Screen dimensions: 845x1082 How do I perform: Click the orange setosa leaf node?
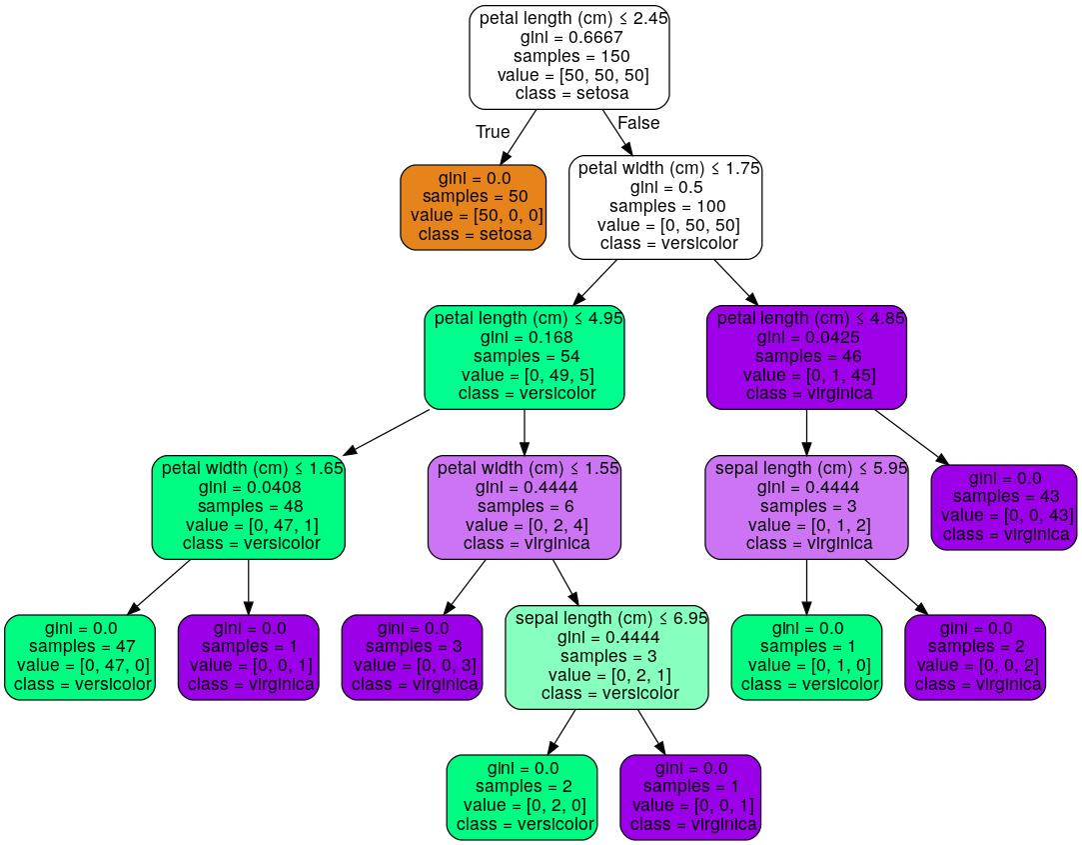click(474, 207)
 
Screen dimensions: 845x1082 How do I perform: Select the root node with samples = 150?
click(569, 56)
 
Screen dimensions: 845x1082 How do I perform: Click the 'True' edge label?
click(493, 132)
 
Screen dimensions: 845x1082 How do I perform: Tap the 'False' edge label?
click(638, 123)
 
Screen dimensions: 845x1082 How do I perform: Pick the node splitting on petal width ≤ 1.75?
click(666, 206)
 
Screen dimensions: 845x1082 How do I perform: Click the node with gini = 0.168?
click(525, 356)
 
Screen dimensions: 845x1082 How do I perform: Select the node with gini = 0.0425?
click(806, 356)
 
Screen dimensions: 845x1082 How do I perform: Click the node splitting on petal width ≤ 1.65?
click(249, 506)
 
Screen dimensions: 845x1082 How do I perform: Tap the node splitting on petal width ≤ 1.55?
click(525, 506)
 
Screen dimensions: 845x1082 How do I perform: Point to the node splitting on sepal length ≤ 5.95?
click(806, 506)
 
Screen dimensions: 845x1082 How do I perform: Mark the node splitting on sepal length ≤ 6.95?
click(606, 656)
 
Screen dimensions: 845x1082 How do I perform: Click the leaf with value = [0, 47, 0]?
click(80, 656)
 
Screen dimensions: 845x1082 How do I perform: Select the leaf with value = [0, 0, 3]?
click(412, 656)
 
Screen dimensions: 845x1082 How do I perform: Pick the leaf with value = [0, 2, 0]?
click(522, 796)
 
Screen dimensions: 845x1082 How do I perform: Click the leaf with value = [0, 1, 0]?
click(806, 656)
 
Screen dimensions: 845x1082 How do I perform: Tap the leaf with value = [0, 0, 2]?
click(975, 656)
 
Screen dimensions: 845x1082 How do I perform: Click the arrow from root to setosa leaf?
click(518, 137)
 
